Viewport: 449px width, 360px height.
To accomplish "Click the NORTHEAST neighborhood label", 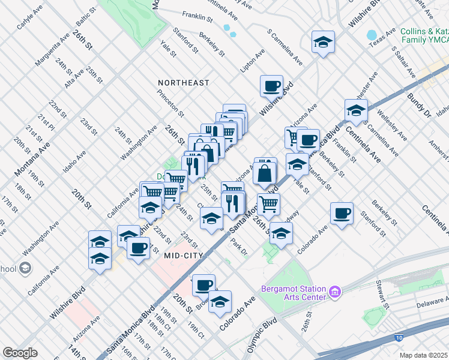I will [184, 82].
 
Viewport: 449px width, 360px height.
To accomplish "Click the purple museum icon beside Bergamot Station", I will [335, 292].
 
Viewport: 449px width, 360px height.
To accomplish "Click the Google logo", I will [20, 353].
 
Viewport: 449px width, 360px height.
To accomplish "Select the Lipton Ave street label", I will [252, 61].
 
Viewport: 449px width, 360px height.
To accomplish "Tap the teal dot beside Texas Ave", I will [371, 35].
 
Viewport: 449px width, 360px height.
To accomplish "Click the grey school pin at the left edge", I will [25, 268].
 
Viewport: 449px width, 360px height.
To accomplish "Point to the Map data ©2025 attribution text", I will [423, 355].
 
